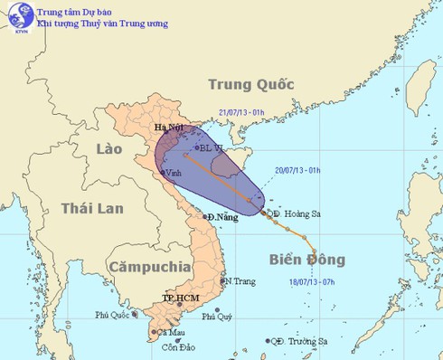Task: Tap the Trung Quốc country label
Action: click(x=250, y=84)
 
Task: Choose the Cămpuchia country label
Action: click(x=148, y=267)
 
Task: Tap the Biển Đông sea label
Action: click(x=306, y=260)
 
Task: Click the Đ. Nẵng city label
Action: click(x=223, y=217)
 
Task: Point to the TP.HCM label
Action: click(x=179, y=297)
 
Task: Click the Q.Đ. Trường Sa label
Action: click(x=297, y=342)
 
